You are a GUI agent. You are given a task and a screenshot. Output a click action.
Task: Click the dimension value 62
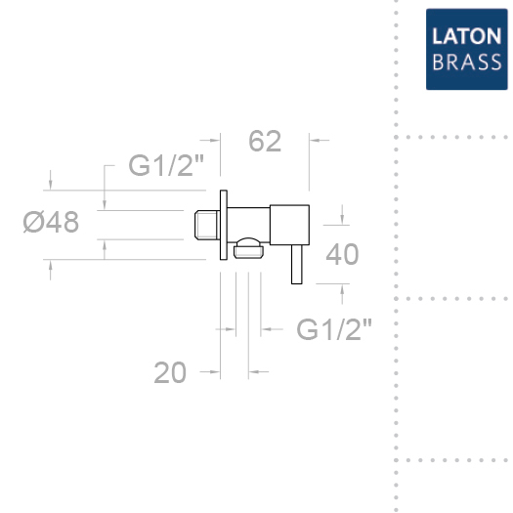point(265,141)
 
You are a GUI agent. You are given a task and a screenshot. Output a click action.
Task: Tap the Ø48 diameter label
point(51,222)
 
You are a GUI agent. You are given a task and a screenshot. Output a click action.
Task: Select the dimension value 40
point(342,254)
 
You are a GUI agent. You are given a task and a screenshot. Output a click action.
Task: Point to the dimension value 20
point(170,372)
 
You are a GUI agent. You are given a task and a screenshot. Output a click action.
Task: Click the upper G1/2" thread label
point(166,165)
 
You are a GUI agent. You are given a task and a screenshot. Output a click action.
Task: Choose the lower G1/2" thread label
point(334,329)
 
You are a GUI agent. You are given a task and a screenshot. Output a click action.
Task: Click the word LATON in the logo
point(466,36)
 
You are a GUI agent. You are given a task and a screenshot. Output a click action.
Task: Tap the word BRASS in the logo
point(466,62)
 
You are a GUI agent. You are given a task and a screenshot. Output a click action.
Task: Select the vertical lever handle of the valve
point(297,265)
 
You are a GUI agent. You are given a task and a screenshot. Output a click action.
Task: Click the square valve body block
point(289,225)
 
